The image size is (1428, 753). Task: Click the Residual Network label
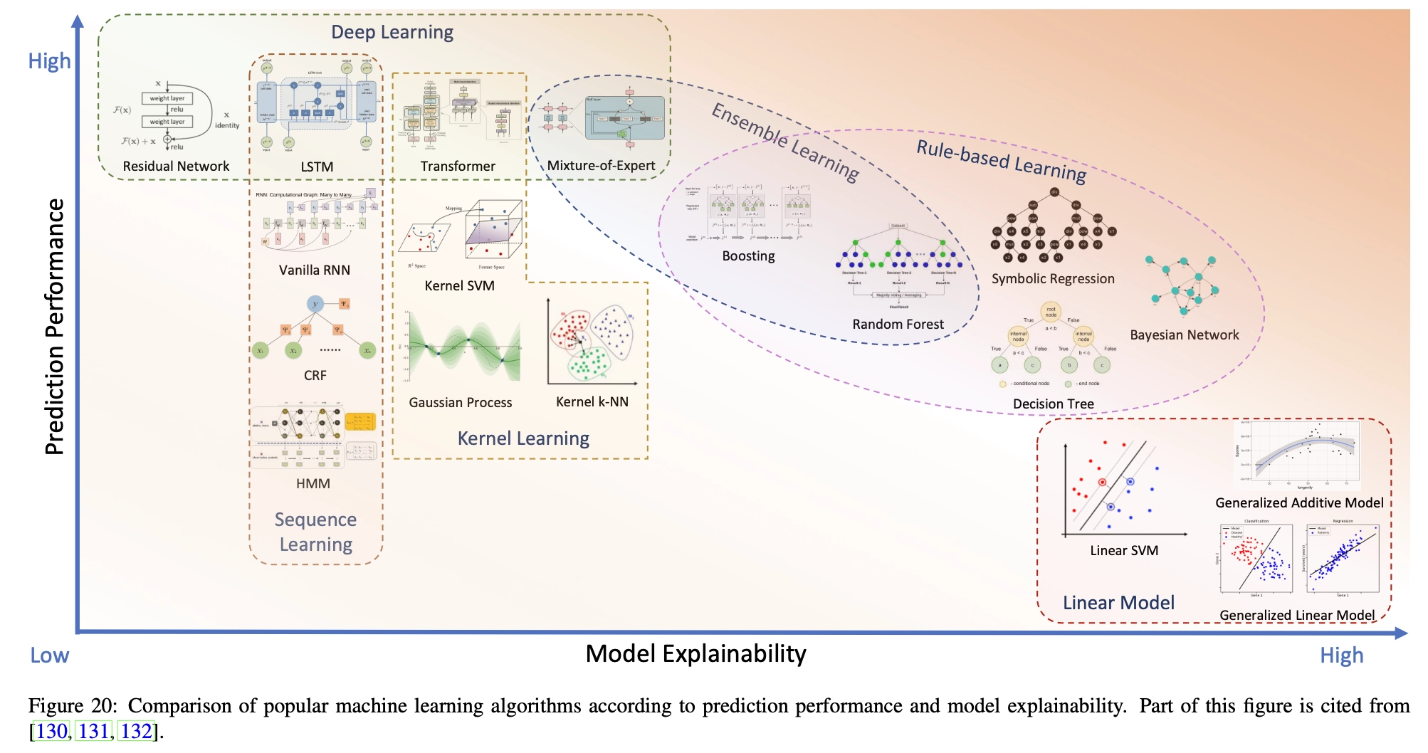coord(176,167)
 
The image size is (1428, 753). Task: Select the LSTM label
coord(317,167)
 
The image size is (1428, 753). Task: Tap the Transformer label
coord(458,167)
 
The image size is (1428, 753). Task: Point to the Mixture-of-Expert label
coord(601,166)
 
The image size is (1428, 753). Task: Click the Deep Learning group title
coord(392,33)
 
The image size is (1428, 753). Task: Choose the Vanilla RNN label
coord(315,270)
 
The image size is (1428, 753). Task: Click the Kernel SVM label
coord(459,286)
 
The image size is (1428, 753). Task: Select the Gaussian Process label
coord(461,403)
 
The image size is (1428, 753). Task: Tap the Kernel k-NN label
coord(592,402)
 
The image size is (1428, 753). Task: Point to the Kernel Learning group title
coord(523,438)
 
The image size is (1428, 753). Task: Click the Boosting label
coord(748,256)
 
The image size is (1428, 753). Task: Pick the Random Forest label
coord(898,325)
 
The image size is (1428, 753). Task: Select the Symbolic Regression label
coord(1053,279)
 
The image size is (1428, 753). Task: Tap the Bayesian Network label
coord(1185,335)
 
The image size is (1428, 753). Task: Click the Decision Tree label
coord(1054,404)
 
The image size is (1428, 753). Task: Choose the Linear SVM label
coord(1124,551)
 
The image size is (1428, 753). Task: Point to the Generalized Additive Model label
coord(1299,503)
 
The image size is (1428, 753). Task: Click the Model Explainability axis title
coord(695,653)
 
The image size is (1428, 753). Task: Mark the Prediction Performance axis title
coord(55,327)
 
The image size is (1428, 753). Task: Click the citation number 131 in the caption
coord(94,732)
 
